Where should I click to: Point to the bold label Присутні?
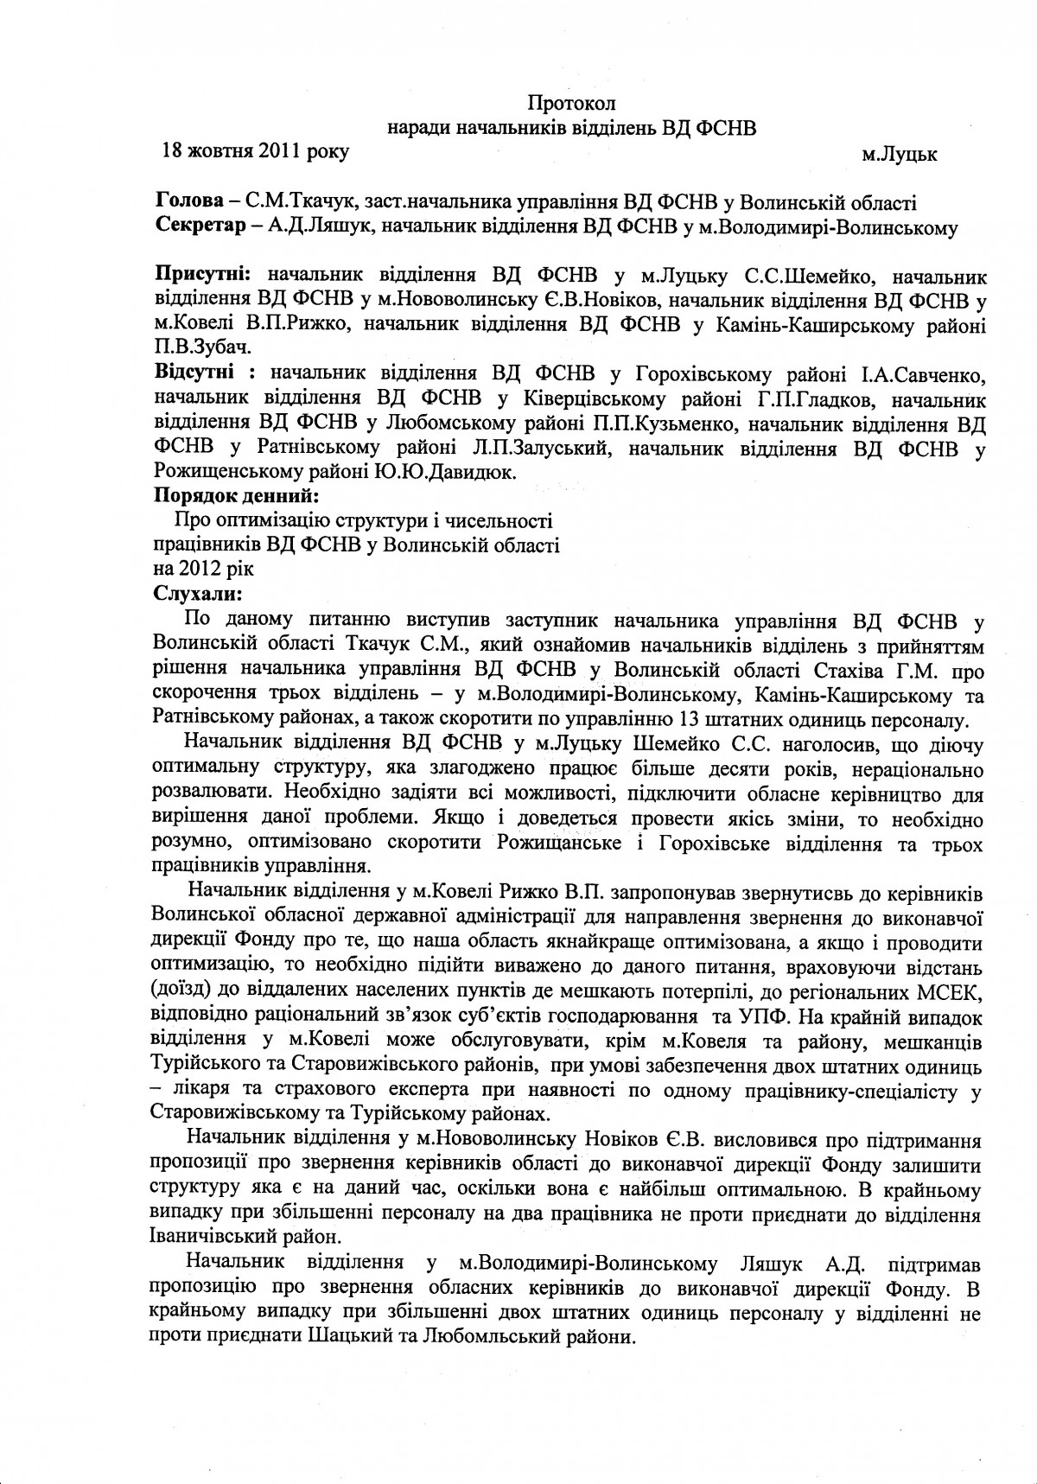point(202,277)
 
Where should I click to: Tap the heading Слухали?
point(199,595)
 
